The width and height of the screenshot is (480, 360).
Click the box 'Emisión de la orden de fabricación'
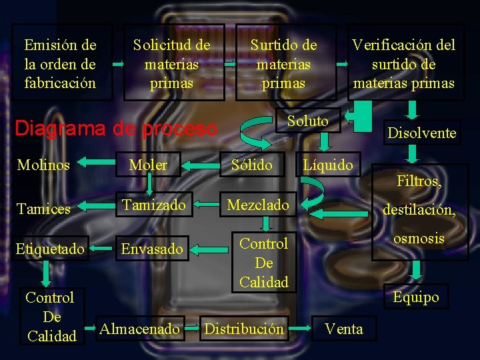pos(61,64)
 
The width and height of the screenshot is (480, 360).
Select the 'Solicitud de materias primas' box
pos(172,64)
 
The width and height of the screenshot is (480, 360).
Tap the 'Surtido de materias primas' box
pos(284,64)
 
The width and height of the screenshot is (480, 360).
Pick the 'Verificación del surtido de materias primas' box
pos(404,64)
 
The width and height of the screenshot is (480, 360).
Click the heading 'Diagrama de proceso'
pos(116,127)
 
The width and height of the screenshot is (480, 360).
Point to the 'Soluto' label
pos(308,121)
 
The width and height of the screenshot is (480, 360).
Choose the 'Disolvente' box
pos(422,133)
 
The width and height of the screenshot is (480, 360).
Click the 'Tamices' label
pos(43,209)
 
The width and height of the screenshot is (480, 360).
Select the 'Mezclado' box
pos(259,205)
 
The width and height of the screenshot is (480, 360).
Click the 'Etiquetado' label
pos(51,249)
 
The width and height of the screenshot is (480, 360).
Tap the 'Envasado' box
pos(151,249)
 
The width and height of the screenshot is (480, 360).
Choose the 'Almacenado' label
pos(139,329)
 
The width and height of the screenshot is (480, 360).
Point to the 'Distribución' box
pos(244,329)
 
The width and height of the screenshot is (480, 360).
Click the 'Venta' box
pos(344,329)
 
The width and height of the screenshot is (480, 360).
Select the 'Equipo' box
pos(416,297)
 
